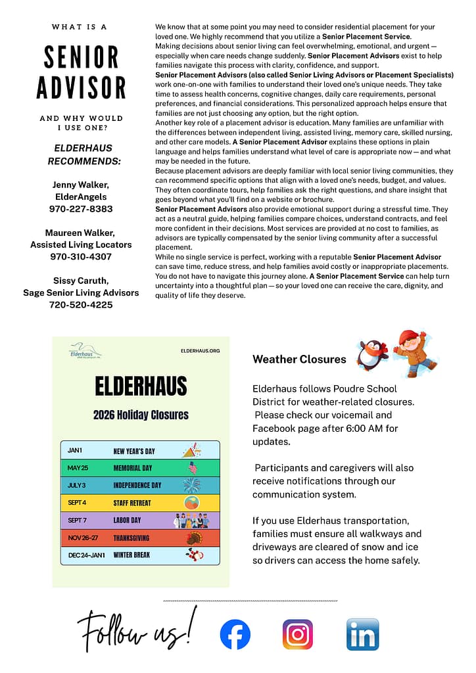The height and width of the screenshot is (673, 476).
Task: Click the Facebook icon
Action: (x=235, y=635)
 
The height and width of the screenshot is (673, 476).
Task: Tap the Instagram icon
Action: (x=298, y=634)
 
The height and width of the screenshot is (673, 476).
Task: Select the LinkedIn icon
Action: (x=362, y=634)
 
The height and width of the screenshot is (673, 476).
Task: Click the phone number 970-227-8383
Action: (x=81, y=209)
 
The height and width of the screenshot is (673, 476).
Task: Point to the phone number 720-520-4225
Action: (x=81, y=305)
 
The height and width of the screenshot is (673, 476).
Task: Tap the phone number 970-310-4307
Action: (x=81, y=256)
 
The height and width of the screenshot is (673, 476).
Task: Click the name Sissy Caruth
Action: (x=81, y=281)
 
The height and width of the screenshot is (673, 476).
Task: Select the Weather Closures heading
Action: (x=299, y=360)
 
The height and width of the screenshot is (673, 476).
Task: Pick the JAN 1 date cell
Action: (x=75, y=451)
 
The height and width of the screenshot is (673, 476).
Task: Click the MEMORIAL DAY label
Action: (x=133, y=468)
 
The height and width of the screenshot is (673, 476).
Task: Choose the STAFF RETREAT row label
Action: (x=132, y=503)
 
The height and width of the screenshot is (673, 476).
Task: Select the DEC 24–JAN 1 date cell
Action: (x=87, y=555)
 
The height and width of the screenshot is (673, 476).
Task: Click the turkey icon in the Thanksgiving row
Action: (x=193, y=538)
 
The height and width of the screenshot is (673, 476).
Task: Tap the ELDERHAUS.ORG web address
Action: (x=200, y=351)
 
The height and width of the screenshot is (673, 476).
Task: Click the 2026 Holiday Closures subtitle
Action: (x=141, y=415)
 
